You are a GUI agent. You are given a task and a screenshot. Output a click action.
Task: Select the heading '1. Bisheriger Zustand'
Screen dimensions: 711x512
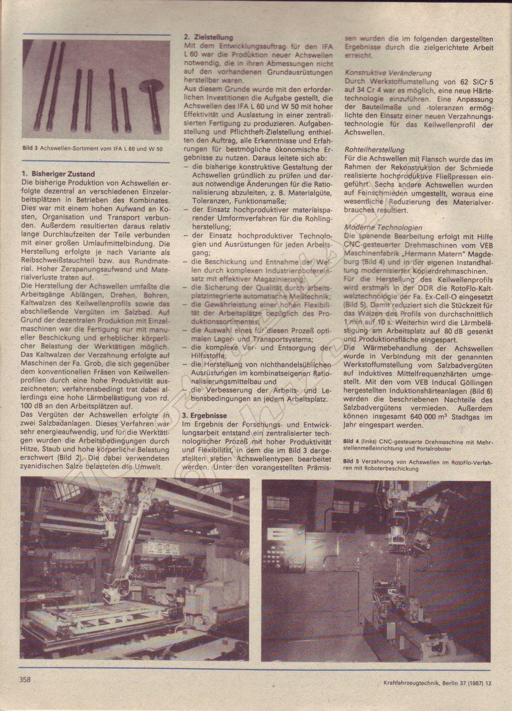point(58,175)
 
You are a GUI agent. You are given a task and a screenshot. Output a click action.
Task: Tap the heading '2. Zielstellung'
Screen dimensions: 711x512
point(207,38)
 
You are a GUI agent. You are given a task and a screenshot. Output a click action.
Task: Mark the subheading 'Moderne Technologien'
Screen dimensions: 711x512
point(377,227)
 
